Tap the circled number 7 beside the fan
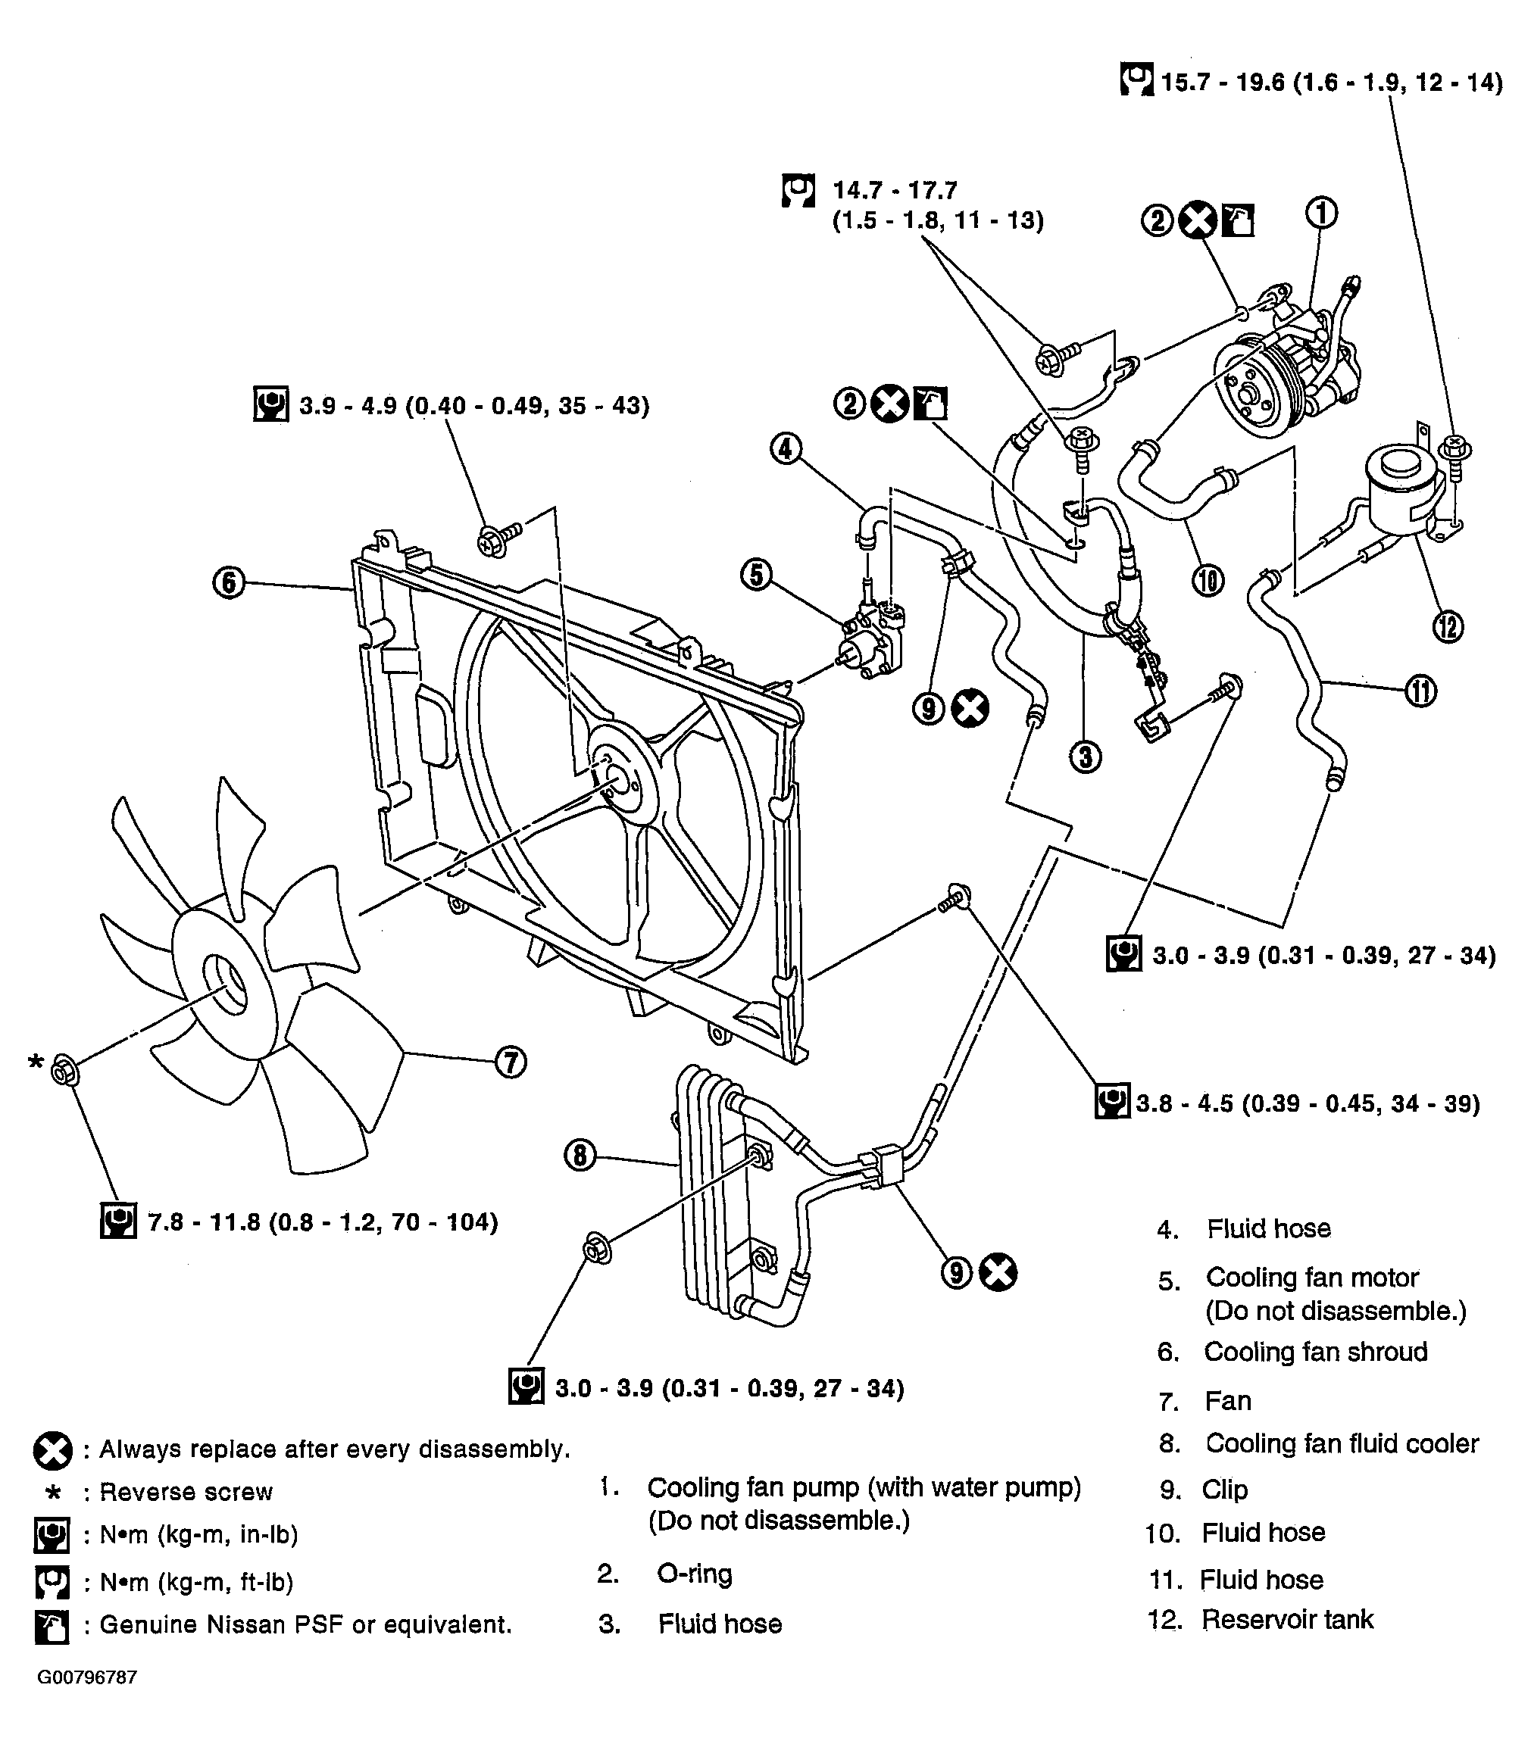tap(511, 1062)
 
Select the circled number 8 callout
tap(580, 1156)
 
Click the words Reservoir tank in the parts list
tap(1286, 1619)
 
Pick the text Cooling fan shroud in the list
tap(1314, 1352)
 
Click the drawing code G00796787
tap(87, 1677)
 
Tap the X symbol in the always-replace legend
tap(53, 1449)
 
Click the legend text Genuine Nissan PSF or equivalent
tap(305, 1624)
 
